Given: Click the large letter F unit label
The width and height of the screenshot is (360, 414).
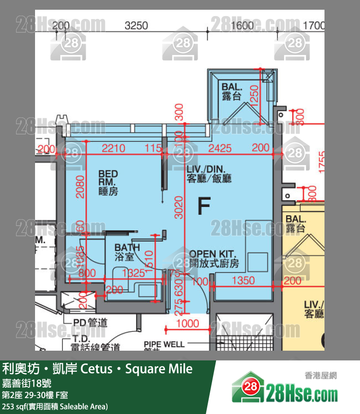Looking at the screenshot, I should click(204, 207).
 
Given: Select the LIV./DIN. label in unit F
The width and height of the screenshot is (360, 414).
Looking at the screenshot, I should click(209, 174).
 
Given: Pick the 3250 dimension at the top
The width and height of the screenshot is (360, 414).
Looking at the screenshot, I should click(136, 26).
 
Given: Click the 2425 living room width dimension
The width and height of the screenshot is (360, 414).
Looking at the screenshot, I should click(220, 148).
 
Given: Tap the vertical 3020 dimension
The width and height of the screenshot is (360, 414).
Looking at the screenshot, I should click(179, 207).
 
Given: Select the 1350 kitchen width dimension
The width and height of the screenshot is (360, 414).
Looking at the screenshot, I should click(243, 281).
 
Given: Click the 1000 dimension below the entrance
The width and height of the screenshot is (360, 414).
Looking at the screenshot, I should click(187, 323).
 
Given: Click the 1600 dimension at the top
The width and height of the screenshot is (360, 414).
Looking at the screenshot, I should click(243, 26).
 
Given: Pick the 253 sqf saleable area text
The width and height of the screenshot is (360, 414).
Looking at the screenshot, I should click(55, 406).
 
